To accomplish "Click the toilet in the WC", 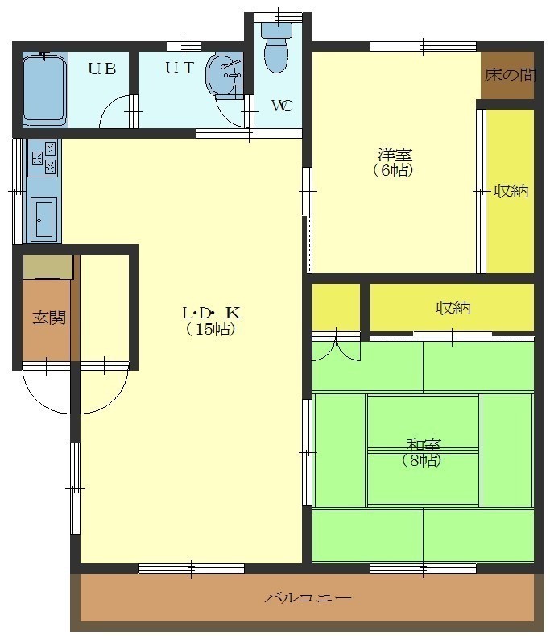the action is click(277, 47).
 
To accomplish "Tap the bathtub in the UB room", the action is click(44, 90).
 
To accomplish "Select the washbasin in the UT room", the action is click(224, 76).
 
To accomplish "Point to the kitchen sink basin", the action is click(43, 219).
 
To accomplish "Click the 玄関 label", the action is click(49, 318).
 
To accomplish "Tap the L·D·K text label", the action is click(211, 313).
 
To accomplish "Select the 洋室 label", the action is click(395, 155).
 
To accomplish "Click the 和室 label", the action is click(424, 445).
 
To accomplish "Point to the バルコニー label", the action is click(308, 598).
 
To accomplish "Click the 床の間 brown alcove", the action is click(507, 75).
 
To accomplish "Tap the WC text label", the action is click(282, 106).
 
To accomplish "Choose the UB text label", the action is click(102, 69).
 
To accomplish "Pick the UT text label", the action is click(180, 68).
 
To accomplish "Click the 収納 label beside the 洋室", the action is click(511, 191).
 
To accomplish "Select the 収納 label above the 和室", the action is click(453, 308).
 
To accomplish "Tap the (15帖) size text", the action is click(211, 329).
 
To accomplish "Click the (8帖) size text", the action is click(422, 460).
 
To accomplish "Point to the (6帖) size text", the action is click(393, 170).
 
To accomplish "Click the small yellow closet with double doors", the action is click(336, 307).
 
